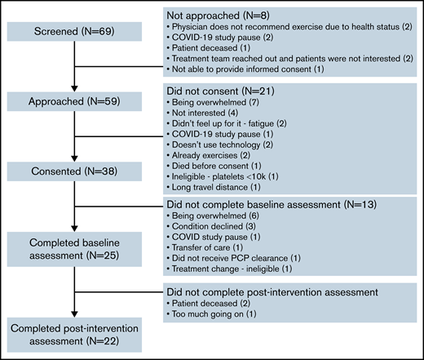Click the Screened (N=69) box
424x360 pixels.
(74, 30)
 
